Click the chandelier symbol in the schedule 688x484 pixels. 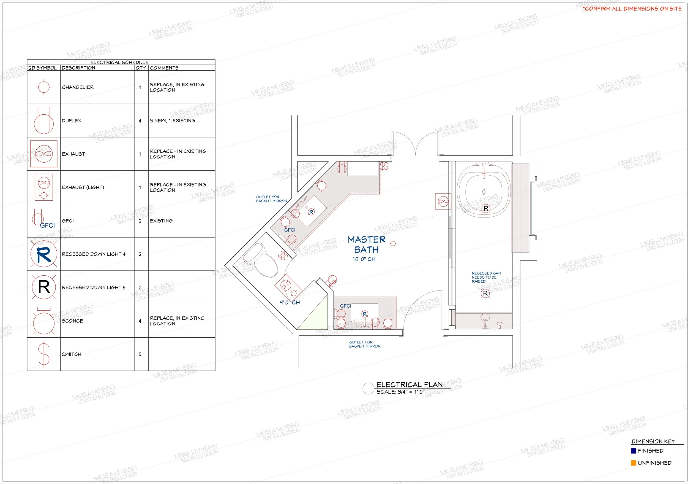click(44, 87)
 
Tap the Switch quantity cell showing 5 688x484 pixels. click(140, 354)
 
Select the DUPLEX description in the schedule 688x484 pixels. click(72, 121)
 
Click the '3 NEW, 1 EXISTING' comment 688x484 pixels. click(173, 121)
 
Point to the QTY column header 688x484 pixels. click(141, 68)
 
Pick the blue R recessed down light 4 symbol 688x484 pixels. click(44, 254)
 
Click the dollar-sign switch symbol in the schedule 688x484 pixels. click(44, 354)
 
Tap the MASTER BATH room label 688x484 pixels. click(367, 244)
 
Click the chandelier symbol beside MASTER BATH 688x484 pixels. click(393, 243)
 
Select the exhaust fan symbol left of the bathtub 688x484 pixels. click(443, 201)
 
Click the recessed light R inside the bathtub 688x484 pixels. click(486, 208)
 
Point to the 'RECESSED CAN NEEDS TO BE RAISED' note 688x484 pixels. click(486, 277)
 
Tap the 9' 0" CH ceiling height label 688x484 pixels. click(290, 302)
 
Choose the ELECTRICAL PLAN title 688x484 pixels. click(409, 385)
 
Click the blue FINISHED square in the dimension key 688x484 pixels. click(634, 451)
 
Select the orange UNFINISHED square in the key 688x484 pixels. click(634, 463)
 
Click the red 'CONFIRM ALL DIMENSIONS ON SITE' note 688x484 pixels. click(632, 9)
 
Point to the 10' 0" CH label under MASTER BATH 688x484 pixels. click(364, 259)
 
